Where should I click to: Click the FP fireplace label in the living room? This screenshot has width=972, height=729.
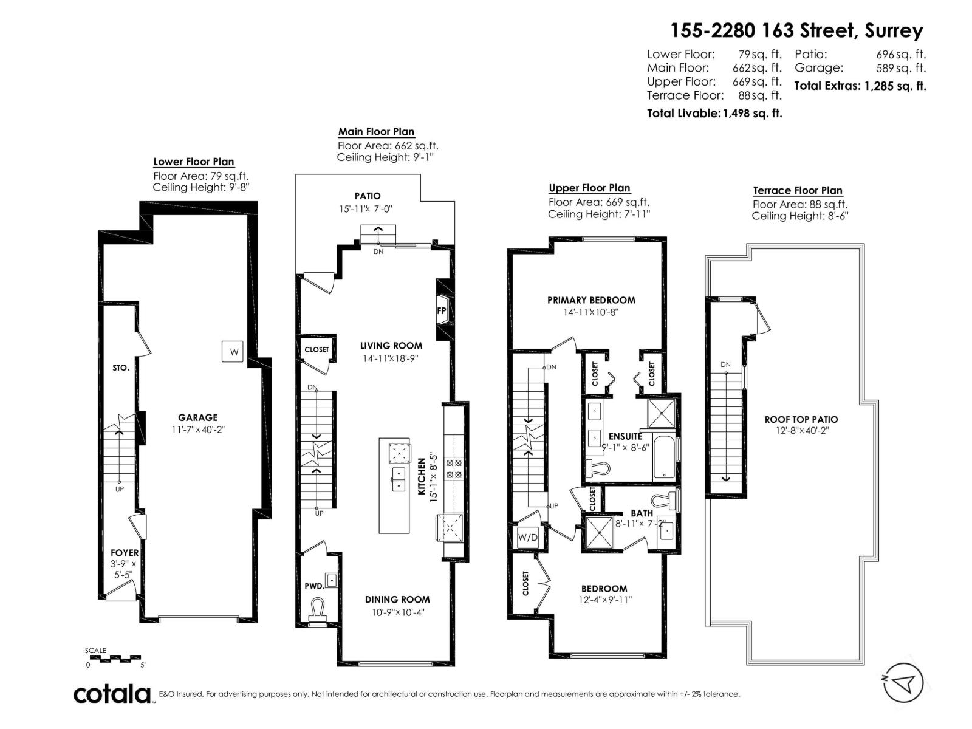point(441,310)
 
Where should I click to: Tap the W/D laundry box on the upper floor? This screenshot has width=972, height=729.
point(527,538)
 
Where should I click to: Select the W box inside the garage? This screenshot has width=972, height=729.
point(233,352)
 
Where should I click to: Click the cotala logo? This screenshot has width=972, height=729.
point(112,694)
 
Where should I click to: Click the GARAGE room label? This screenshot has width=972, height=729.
point(198,417)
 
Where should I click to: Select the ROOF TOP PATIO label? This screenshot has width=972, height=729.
point(801,419)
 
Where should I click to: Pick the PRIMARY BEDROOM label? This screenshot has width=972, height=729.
point(591,300)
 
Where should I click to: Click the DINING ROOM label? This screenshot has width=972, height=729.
point(397,600)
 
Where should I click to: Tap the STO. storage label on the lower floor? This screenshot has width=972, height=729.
point(121,368)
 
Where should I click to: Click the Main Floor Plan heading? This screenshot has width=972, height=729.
point(376,131)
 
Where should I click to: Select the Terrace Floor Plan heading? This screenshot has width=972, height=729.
point(798,190)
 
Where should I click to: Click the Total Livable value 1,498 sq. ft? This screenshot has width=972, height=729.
point(752,114)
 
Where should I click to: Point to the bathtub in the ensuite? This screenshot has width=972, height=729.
point(664,458)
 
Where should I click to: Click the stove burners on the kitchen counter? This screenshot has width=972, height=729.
point(454,469)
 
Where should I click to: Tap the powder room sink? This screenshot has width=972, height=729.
point(331,580)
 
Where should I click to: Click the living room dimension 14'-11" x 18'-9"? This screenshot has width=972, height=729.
point(391,358)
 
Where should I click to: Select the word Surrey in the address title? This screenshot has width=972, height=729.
point(894,31)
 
